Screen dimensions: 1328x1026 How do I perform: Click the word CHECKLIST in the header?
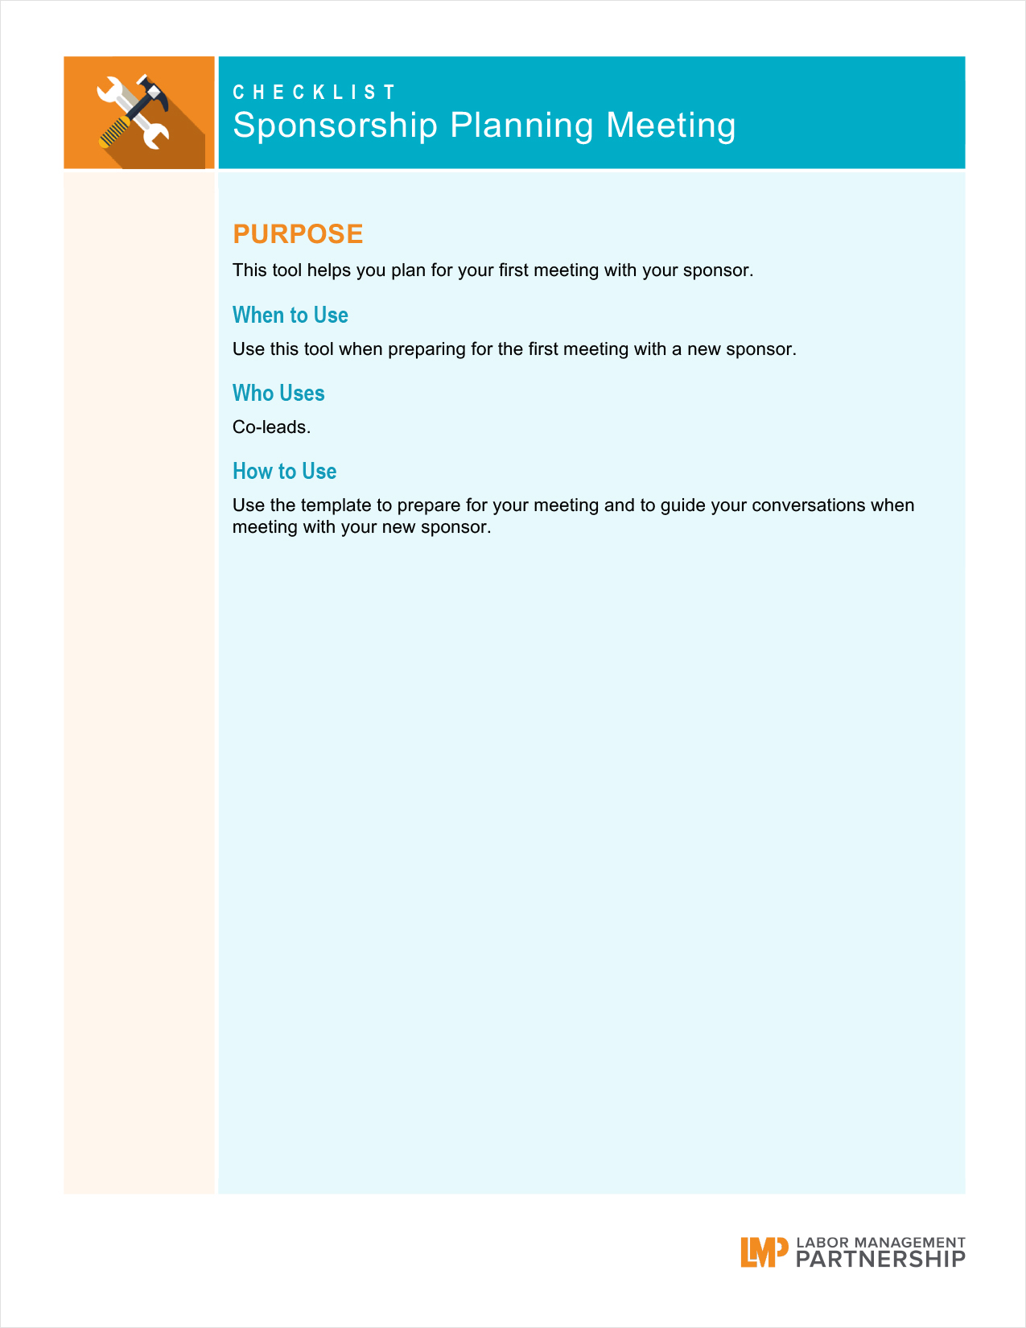click(314, 93)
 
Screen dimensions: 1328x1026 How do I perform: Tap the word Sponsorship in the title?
click(335, 126)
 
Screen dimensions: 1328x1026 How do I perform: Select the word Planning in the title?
click(521, 126)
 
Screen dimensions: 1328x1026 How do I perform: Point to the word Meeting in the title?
click(670, 126)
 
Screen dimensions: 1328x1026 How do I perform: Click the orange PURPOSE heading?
click(298, 234)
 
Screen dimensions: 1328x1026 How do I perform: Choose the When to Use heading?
click(290, 315)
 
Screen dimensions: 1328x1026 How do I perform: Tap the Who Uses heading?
click(278, 393)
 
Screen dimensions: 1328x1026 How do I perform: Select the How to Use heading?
click(284, 471)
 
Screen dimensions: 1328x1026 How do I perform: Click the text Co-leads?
click(271, 427)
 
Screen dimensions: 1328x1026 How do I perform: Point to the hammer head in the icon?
click(153, 90)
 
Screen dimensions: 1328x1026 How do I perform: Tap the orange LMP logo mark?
click(763, 1252)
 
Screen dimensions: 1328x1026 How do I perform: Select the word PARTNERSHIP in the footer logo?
click(880, 1260)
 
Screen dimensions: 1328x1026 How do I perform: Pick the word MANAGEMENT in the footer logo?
click(909, 1243)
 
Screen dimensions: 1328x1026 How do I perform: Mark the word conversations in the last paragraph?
click(808, 505)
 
